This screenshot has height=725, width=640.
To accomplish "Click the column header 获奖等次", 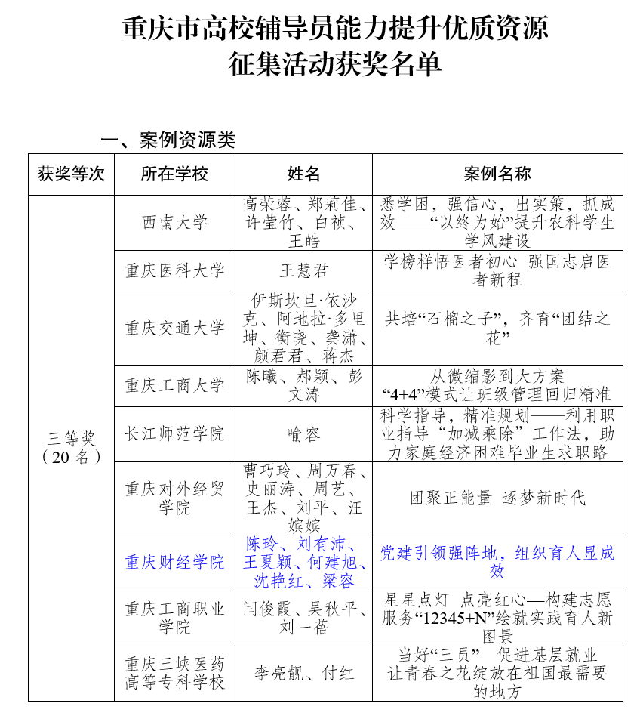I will (x=71, y=174).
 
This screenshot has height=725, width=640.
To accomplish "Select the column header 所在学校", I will (x=174, y=174).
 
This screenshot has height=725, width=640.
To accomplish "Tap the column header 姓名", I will (x=304, y=174).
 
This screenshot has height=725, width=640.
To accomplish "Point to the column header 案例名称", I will (x=497, y=174).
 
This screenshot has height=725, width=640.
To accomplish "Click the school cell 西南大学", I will (x=174, y=223).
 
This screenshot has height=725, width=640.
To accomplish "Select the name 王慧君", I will (x=304, y=270).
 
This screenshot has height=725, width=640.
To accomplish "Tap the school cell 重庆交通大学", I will (x=174, y=328).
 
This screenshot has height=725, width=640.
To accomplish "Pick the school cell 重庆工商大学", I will (x=174, y=385).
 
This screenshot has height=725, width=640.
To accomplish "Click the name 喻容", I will (x=304, y=434).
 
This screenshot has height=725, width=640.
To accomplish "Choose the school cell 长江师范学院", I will (x=174, y=434).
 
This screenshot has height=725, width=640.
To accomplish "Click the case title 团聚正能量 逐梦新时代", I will (x=497, y=498).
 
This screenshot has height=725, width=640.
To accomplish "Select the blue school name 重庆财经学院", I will (x=174, y=563).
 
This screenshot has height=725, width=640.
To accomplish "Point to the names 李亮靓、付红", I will (x=304, y=673).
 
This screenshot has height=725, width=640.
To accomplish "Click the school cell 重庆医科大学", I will (x=174, y=270).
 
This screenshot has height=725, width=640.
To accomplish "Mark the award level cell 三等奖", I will (x=71, y=438).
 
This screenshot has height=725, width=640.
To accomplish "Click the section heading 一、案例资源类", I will (x=168, y=140).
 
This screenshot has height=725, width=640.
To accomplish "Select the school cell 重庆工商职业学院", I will (x=174, y=619).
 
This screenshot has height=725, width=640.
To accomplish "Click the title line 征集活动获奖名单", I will (x=335, y=65).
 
